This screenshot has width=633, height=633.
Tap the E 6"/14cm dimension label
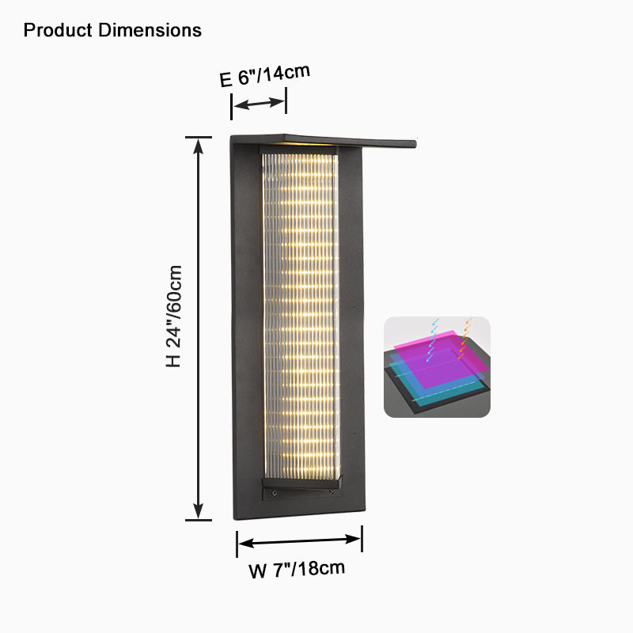tap(263, 76)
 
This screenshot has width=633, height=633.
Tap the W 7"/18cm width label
tap(298, 569)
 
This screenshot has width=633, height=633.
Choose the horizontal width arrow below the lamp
tap(299, 541)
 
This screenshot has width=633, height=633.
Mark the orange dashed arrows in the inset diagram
tap(465, 337)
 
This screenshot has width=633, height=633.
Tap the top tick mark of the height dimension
tap(199, 137)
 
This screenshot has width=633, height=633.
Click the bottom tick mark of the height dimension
tap(199, 520)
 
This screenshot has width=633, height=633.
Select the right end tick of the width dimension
tap(362, 539)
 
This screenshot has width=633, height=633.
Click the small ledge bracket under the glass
tap(301, 482)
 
